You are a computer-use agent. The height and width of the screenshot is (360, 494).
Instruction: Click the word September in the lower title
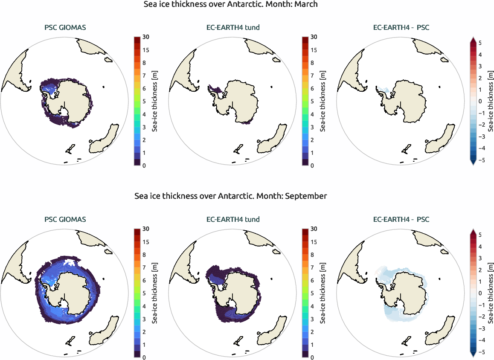pyautogui.click(x=306, y=196)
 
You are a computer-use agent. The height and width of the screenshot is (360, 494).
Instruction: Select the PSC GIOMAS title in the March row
pyautogui.click(x=65, y=28)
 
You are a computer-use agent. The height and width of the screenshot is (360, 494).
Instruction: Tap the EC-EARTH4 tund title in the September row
pyautogui.click(x=233, y=220)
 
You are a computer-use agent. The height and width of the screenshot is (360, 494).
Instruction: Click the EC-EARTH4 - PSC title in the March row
pyautogui.click(x=401, y=28)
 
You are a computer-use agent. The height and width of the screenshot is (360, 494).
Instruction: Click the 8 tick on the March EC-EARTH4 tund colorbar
pyautogui.click(x=314, y=63)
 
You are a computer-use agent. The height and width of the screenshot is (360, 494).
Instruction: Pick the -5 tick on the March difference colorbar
pyautogui.click(x=480, y=160)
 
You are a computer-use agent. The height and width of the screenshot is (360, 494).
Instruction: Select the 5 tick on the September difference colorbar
pyautogui.click(x=480, y=235)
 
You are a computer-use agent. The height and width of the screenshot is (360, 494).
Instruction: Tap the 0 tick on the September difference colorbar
pyautogui.click(x=480, y=293)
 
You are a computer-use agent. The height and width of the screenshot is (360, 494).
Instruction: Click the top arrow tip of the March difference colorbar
pyautogui.click(x=473, y=38)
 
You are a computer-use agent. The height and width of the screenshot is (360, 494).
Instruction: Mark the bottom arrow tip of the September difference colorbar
pyautogui.click(x=473, y=356)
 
